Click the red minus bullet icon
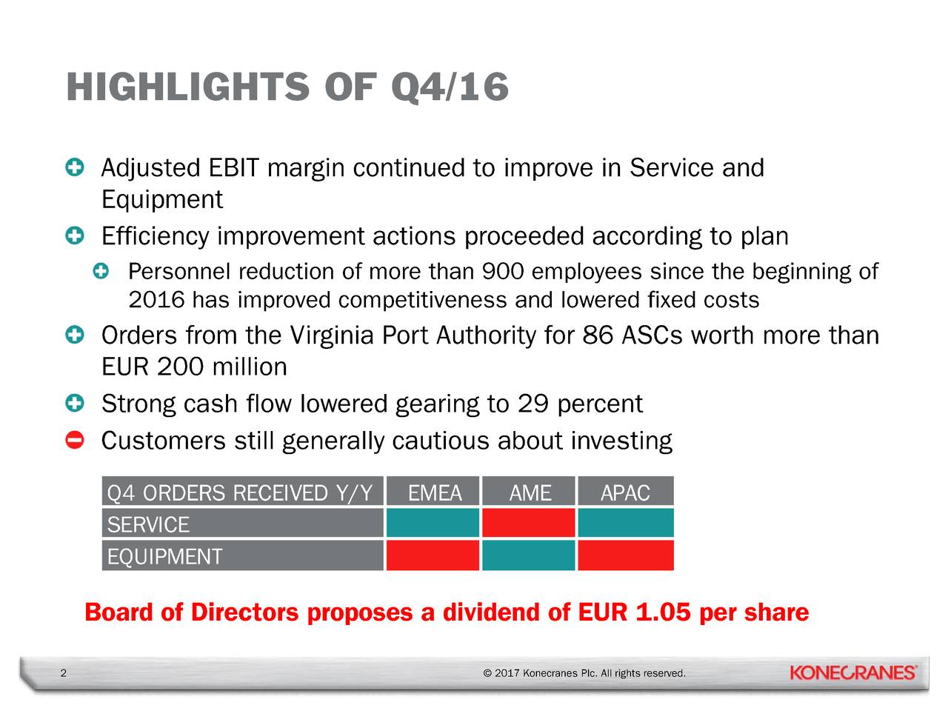(x=74, y=441)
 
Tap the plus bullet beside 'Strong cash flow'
(x=74, y=404)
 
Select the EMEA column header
(x=434, y=493)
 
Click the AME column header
(x=530, y=493)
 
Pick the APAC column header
(x=625, y=493)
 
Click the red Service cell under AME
(x=529, y=523)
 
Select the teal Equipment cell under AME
(x=529, y=555)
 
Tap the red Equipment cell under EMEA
(x=433, y=555)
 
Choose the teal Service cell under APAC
(x=625, y=523)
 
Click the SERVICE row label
(x=149, y=524)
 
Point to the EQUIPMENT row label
(x=164, y=556)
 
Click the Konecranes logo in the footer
(x=853, y=672)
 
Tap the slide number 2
(x=63, y=673)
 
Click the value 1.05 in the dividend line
(x=663, y=612)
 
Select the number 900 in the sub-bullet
(x=503, y=272)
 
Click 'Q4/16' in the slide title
(x=449, y=87)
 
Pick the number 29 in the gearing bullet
(x=533, y=404)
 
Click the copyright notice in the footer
(x=584, y=673)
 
